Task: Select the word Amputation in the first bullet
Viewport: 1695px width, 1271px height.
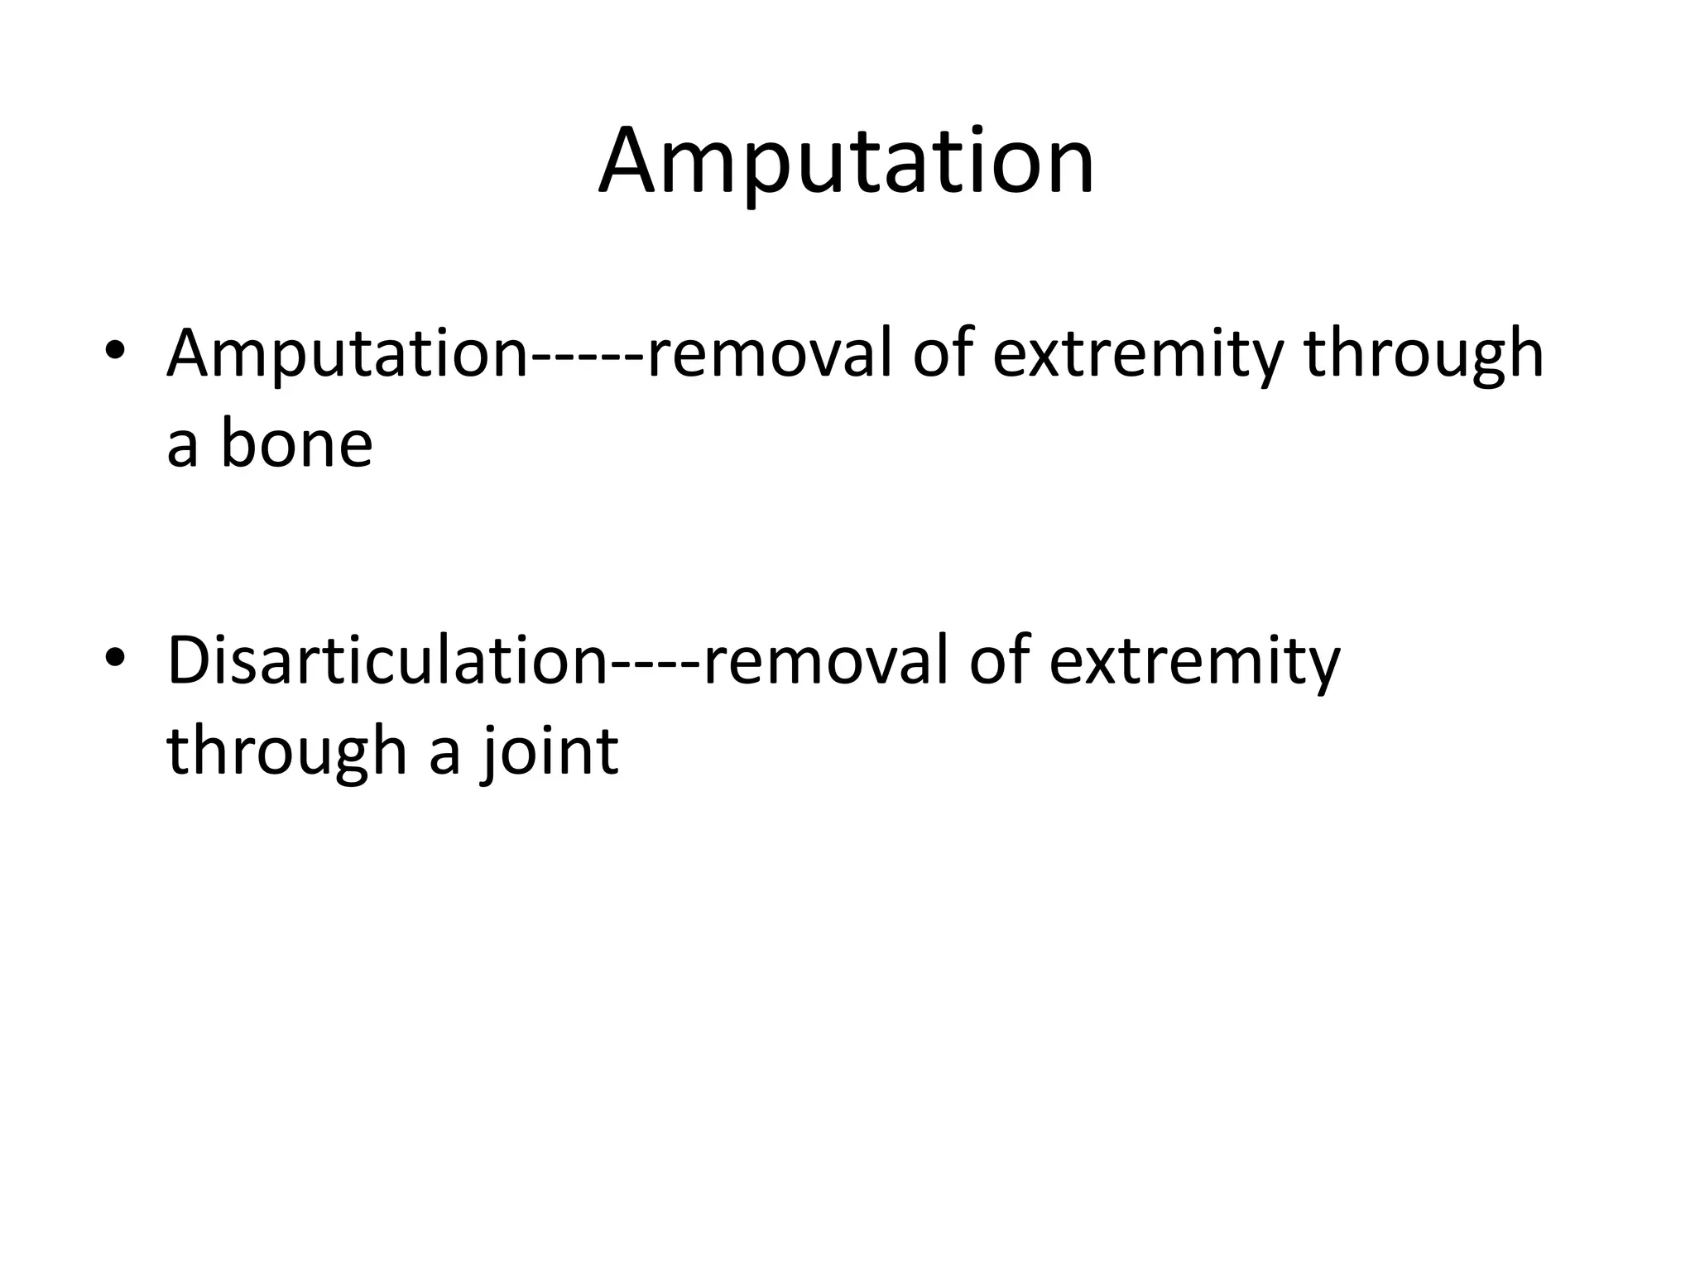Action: coord(347,354)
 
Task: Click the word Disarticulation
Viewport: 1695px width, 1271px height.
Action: coord(387,661)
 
